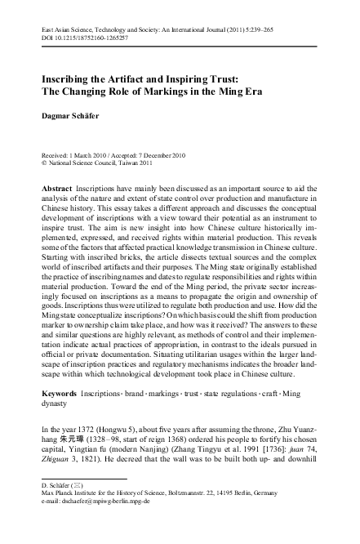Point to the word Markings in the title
pos(193,91)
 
